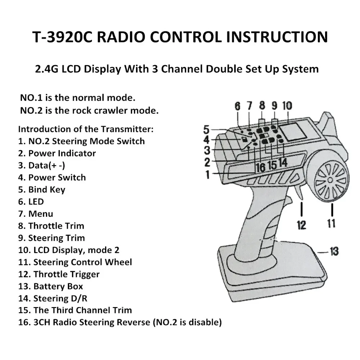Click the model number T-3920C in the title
[x=62, y=37]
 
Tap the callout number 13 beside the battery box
[x=334, y=251]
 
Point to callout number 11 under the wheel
[x=331, y=223]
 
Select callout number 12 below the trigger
[x=301, y=225]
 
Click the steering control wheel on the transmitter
[x=330, y=180]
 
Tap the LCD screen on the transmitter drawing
[x=294, y=132]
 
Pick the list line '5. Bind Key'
[x=41, y=190]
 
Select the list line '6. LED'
[x=31, y=202]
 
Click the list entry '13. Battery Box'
[x=50, y=286]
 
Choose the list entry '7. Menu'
[x=36, y=214]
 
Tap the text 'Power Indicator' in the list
[x=62, y=153]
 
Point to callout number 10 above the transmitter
[x=287, y=106]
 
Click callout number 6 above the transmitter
[x=237, y=106]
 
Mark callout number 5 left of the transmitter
[x=206, y=130]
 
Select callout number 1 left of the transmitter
[x=208, y=175]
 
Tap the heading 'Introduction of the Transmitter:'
[x=86, y=129]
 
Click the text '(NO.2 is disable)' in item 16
[x=187, y=322]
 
